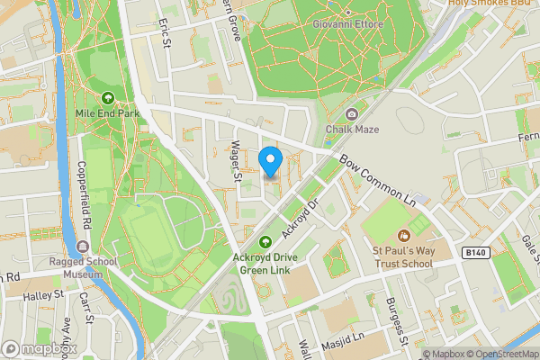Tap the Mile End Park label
[x=108, y=114]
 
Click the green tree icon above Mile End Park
[x=108, y=98]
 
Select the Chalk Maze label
[x=353, y=129]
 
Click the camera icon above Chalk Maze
[x=353, y=113]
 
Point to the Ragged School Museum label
[x=83, y=268]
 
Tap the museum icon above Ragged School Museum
[x=83, y=246]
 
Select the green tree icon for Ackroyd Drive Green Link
[x=265, y=241]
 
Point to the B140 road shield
[x=477, y=254]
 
